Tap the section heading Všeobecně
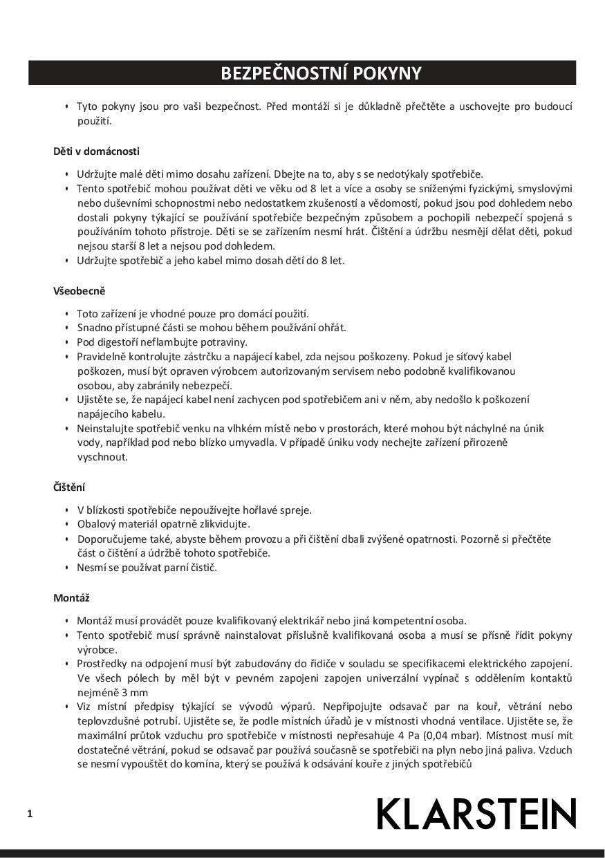coord(79,291)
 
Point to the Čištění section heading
coord(69,487)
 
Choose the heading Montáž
coord(71,597)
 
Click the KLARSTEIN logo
coord(476,814)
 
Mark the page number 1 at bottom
coord(30,814)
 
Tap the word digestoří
coord(118,342)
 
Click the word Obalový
coord(95,524)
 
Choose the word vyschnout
coord(102,457)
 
